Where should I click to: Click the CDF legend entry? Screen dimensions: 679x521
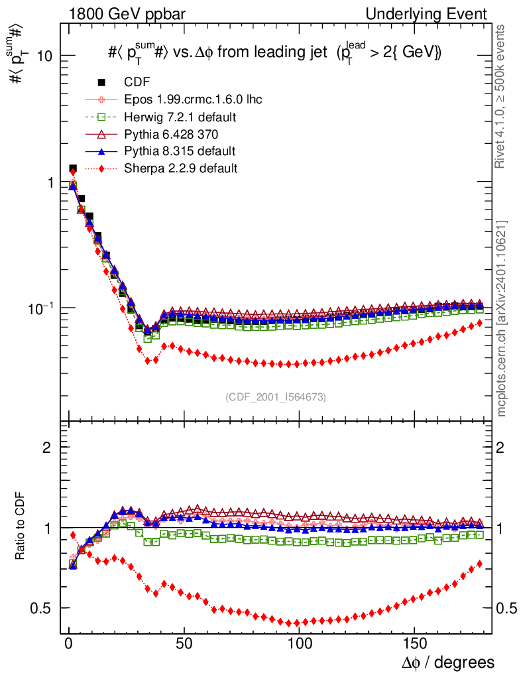[137, 82]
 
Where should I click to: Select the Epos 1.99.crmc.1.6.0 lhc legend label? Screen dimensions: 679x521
[193, 99]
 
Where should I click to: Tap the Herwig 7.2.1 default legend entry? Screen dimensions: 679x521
[180, 117]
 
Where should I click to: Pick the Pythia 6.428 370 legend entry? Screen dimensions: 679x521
[170, 134]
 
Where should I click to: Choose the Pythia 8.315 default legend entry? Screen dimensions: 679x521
[180, 151]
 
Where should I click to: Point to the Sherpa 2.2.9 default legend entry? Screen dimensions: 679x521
[180, 168]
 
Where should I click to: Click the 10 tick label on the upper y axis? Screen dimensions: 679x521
[44, 56]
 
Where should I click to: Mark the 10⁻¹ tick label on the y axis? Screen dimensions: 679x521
[40, 308]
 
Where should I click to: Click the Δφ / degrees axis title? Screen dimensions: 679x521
[448, 662]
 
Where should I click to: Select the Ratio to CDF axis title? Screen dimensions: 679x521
[21, 527]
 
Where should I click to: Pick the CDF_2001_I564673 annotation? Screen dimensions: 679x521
[275, 397]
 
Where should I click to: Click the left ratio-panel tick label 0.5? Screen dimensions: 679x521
[45, 608]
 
